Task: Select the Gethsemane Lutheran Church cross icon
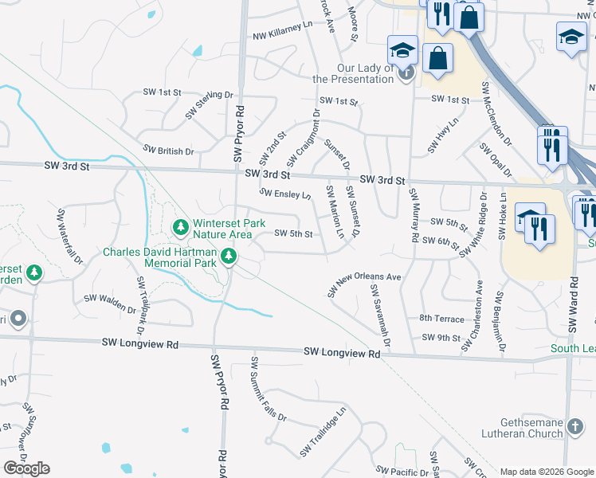coord(575,428)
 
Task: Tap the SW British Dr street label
coord(168,151)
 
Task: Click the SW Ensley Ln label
coord(285,194)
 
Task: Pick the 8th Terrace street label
coord(441,318)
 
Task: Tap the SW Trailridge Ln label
coord(323,433)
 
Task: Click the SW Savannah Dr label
coord(379,315)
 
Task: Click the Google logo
coord(26,468)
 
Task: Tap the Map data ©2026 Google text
coord(547,472)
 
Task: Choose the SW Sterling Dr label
coord(209,105)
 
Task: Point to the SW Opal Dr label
coord(496,160)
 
